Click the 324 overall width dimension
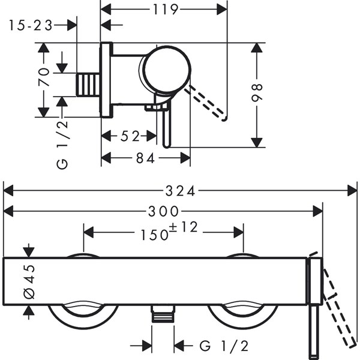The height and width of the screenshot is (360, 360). pos(180,191)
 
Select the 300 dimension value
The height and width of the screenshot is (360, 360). pos(163,211)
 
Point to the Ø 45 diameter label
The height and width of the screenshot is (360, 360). pos(29,280)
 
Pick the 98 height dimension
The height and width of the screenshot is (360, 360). pos(258,95)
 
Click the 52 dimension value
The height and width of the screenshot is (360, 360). pos(130,136)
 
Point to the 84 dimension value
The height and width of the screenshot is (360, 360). pos(146,158)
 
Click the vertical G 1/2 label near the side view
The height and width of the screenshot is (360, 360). pos(63,144)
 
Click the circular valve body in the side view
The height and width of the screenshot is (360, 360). pos(165,71)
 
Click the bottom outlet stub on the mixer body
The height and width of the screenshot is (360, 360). pos(163,314)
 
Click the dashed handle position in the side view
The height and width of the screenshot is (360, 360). pos(209,103)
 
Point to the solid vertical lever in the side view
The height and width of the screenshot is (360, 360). pos(167,123)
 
